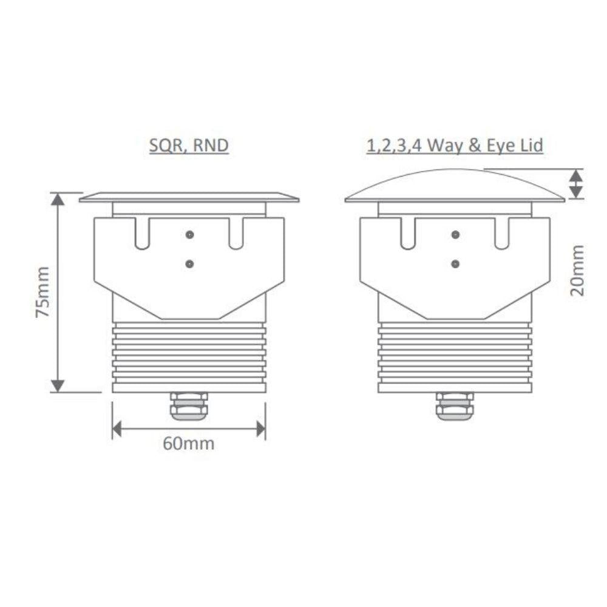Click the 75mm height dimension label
pyautogui.click(x=42, y=292)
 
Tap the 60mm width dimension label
pyautogui.click(x=188, y=444)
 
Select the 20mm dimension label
pyautogui.click(x=578, y=270)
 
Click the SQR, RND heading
pyautogui.click(x=189, y=146)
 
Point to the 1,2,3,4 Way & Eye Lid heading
pyautogui.click(x=455, y=146)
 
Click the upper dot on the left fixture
pyautogui.click(x=190, y=234)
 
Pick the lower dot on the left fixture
pyautogui.click(x=190, y=263)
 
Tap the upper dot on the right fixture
pyautogui.click(x=455, y=234)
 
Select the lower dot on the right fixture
pyautogui.click(x=455, y=263)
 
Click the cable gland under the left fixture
pyautogui.click(x=189, y=406)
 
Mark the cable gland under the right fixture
pyautogui.click(x=455, y=406)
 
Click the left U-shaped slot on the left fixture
pyautogui.click(x=141, y=233)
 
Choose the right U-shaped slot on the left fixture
pyautogui.click(x=236, y=233)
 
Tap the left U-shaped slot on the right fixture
pyautogui.click(x=407, y=233)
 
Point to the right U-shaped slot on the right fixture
pyautogui.click(x=502, y=233)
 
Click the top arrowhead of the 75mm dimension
pyautogui.click(x=58, y=200)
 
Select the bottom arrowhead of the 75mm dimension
pyautogui.click(x=58, y=385)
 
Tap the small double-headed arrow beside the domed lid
pyautogui.click(x=577, y=183)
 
